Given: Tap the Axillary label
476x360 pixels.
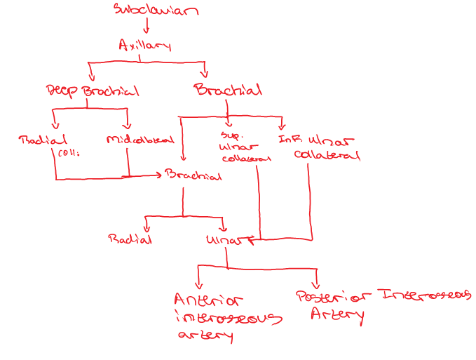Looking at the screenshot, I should pos(144,46).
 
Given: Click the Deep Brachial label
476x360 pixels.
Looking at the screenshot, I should pos(92,91).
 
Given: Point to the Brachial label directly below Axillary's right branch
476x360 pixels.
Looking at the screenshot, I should pos(229,90).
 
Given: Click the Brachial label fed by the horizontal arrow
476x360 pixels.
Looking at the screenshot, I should pos(193,175).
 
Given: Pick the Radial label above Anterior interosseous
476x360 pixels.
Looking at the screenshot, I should pos(130,239).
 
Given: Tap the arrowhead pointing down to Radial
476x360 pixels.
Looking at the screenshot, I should pos(147,228).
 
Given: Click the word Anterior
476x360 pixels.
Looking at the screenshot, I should pos(208,300).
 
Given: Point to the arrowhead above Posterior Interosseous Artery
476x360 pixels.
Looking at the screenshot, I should pos(317,279).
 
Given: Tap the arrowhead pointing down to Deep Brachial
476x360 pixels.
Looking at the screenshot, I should pos(90,76).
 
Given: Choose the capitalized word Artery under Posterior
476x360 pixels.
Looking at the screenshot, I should pos(337,314).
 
